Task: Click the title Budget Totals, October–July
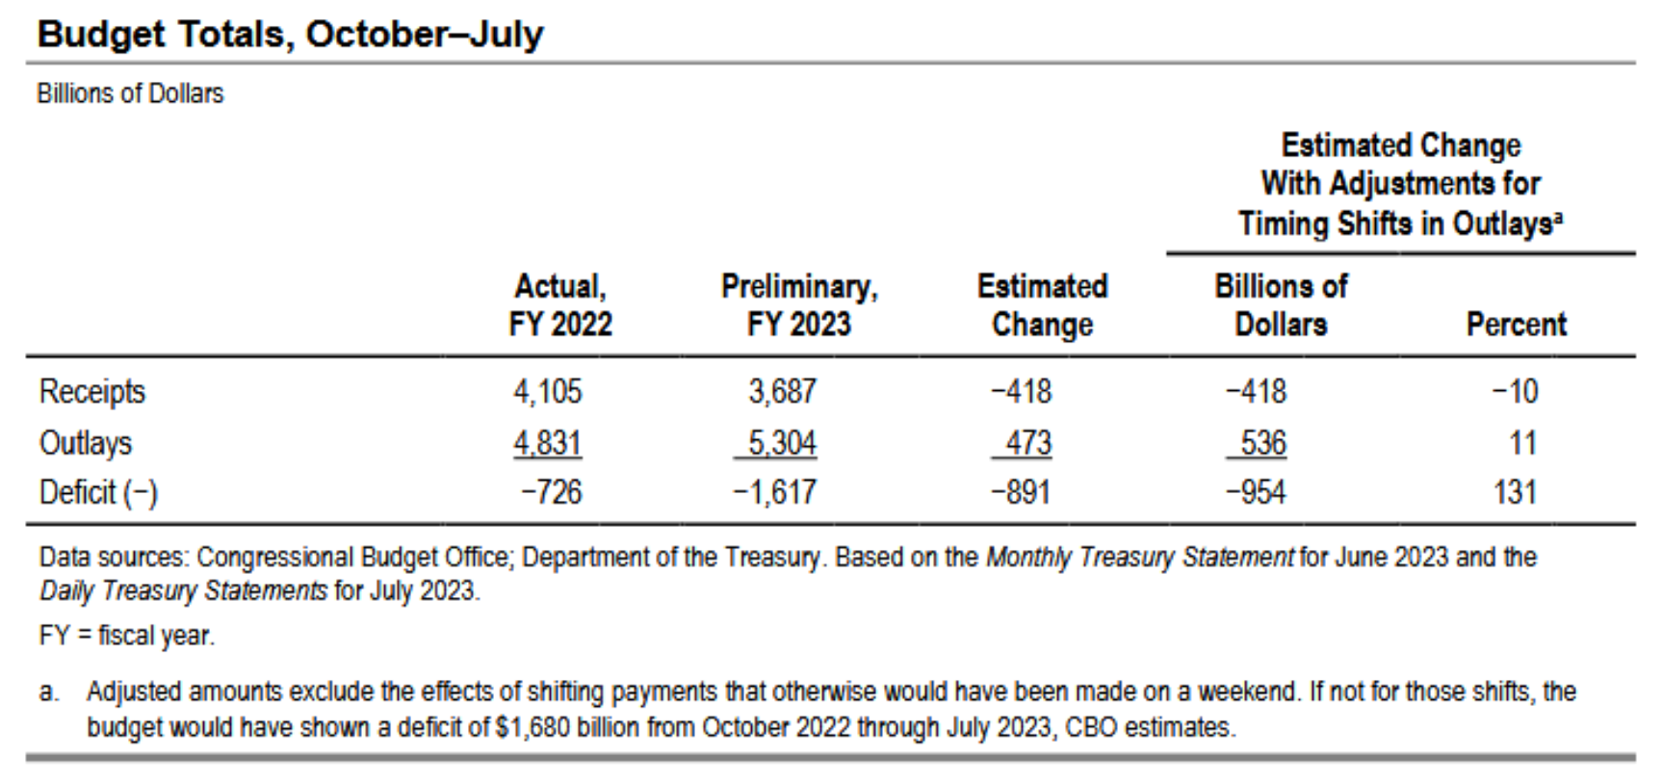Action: [290, 35]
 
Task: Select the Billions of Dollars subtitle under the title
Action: [130, 93]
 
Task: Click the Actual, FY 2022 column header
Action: [560, 305]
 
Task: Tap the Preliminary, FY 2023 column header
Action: [799, 305]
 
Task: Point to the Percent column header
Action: [1516, 325]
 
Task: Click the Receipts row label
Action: [91, 392]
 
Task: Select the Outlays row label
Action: [85, 443]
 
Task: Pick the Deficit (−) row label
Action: [97, 493]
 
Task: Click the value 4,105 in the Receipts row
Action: [547, 392]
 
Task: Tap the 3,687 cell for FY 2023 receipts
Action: [782, 392]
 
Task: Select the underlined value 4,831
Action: [547, 443]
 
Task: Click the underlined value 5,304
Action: [782, 443]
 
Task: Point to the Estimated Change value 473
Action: [1027, 443]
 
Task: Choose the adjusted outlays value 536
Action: [1262, 443]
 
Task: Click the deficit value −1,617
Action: [774, 493]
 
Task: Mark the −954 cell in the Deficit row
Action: [1256, 493]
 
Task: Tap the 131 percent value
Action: [1515, 493]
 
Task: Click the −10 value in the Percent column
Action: [1515, 392]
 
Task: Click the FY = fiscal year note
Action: [126, 637]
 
